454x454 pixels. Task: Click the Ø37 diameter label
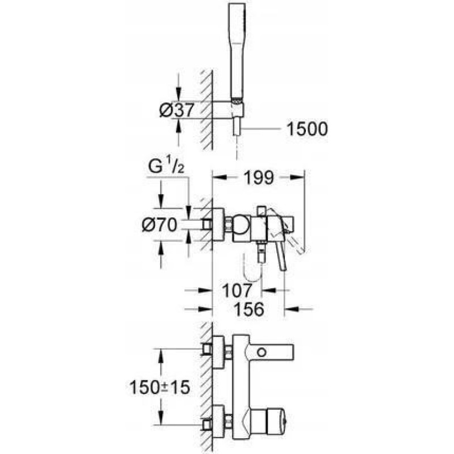click(x=176, y=110)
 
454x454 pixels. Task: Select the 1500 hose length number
click(x=307, y=129)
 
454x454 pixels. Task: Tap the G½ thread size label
click(x=166, y=166)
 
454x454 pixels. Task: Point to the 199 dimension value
click(x=259, y=178)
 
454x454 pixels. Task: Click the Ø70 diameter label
click(x=159, y=225)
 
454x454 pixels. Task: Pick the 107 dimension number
click(x=237, y=290)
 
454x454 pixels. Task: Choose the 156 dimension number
click(x=249, y=309)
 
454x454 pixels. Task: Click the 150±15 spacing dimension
click(x=159, y=387)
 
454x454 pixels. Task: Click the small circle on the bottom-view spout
click(x=262, y=352)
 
